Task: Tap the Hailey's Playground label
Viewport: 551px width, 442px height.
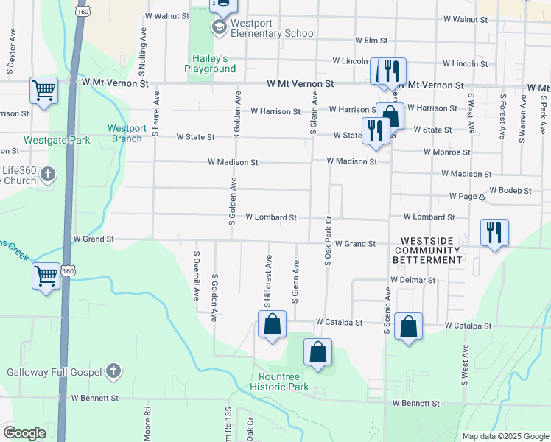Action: tap(210, 64)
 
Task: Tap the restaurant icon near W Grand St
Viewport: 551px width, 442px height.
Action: tap(494, 233)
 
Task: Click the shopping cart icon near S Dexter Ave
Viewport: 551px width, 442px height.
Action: tap(43, 91)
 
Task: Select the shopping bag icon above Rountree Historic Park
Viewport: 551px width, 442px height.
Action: tap(317, 352)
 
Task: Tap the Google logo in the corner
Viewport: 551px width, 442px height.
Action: tap(24, 433)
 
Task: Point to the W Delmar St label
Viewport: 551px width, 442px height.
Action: tap(413, 281)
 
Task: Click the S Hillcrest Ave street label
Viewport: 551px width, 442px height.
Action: tap(269, 282)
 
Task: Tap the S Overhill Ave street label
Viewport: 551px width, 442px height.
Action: tap(197, 276)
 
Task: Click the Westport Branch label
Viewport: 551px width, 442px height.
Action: tap(127, 133)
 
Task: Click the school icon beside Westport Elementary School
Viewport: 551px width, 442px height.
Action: tap(219, 28)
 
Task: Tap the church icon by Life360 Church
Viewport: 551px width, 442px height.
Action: tap(49, 175)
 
